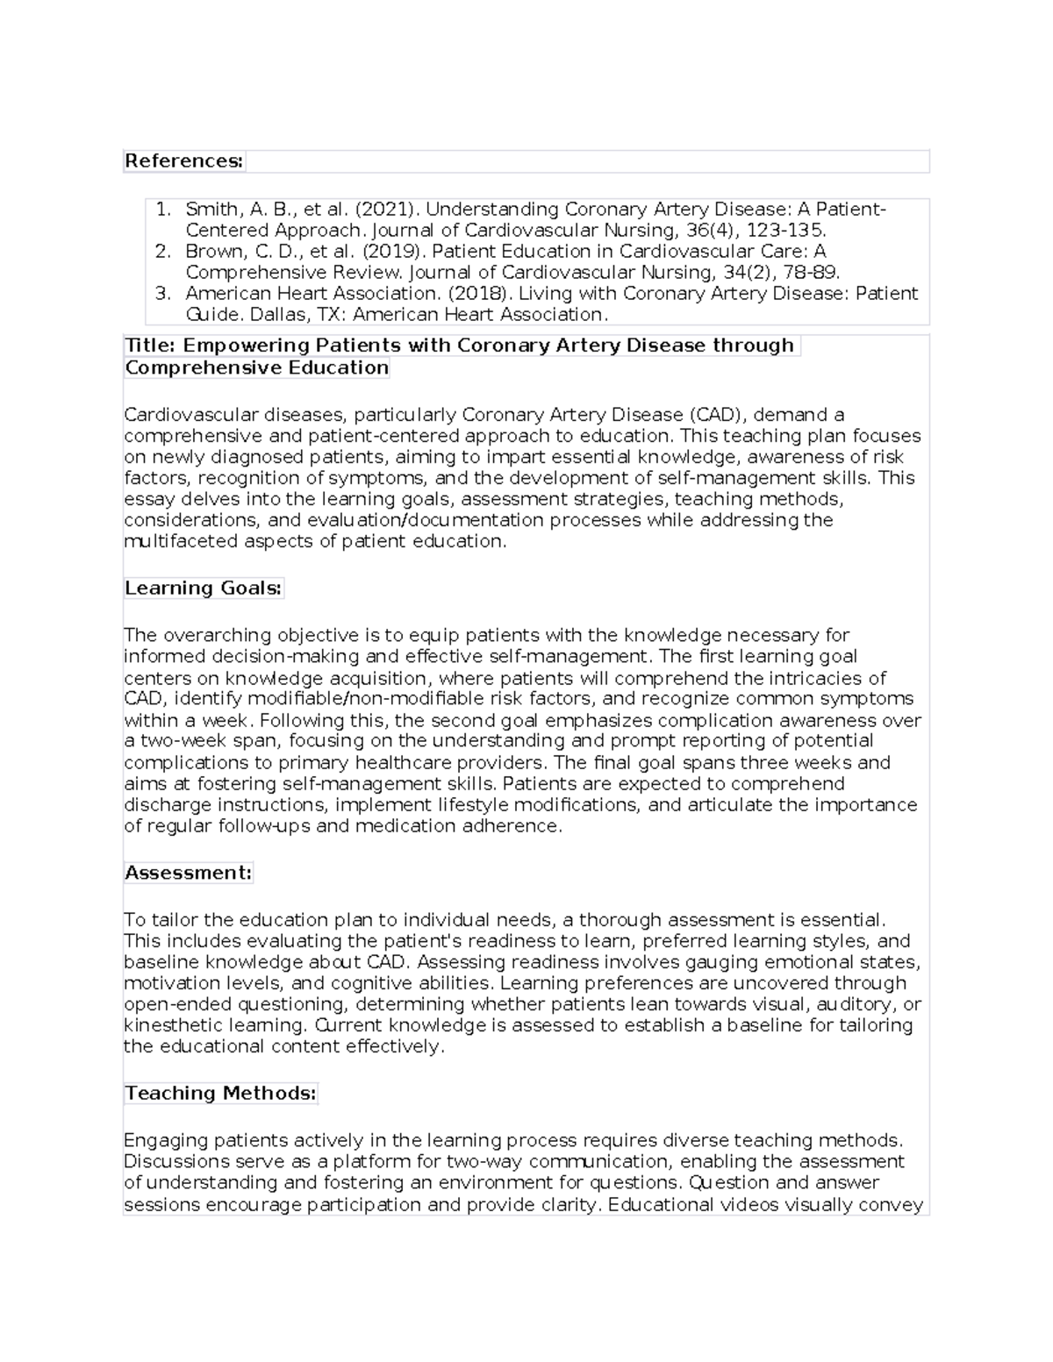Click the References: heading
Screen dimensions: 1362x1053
(x=183, y=161)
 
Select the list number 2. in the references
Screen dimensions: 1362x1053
(x=162, y=252)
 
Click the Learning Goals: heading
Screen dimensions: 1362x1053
(x=203, y=588)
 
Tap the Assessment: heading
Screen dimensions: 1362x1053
(x=188, y=873)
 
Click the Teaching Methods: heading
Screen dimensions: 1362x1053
(x=219, y=1094)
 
